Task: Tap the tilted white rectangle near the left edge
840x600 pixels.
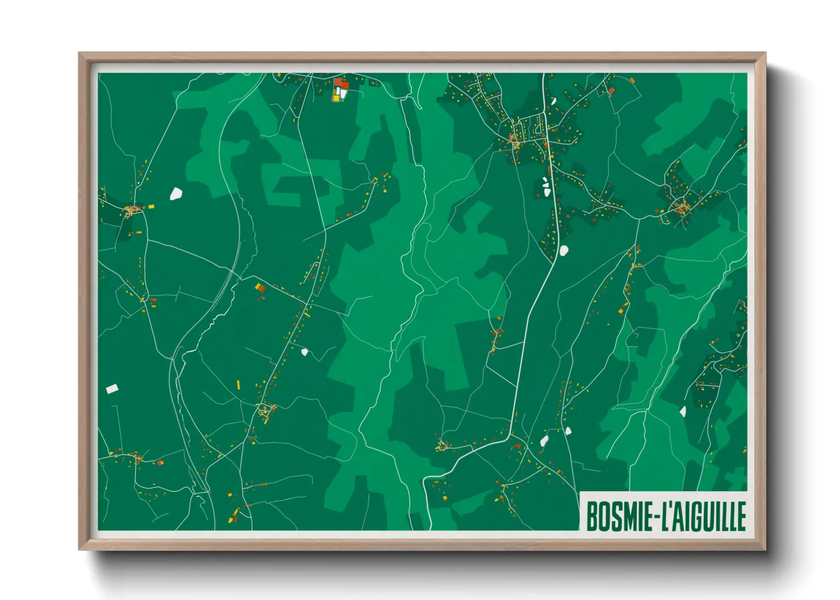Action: pos(112,388)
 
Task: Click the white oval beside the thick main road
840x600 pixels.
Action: pos(564,250)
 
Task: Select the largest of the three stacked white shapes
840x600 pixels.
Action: pos(547,192)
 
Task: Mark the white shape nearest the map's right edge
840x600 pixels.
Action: pos(683,411)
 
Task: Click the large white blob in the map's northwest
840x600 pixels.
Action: pos(176,194)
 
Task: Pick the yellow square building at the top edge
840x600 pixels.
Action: pos(335,98)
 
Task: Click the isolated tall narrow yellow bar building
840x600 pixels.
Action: pos(238,385)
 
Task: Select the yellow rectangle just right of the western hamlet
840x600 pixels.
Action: pos(151,206)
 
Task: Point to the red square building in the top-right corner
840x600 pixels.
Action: pos(612,90)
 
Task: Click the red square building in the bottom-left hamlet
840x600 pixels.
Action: pos(160,463)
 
